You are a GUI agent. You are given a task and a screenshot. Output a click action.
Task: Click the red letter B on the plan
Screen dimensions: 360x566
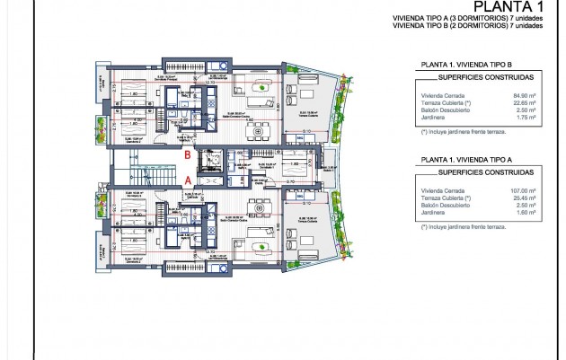click(x=186, y=155)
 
